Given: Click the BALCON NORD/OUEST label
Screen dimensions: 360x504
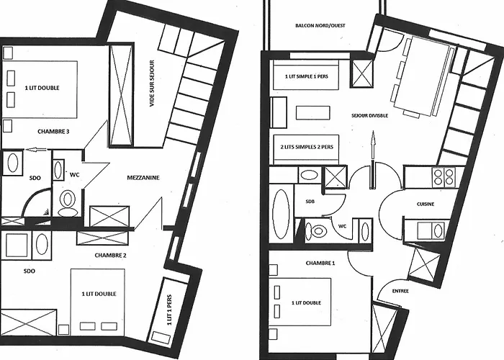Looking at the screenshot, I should point(320,26).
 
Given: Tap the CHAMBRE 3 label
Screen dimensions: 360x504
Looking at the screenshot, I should point(54,132).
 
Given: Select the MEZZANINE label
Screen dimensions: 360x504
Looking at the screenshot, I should point(143,178).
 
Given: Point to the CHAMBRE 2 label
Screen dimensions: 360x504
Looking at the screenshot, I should point(110,256).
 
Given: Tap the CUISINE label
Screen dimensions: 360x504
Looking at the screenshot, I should point(425,204).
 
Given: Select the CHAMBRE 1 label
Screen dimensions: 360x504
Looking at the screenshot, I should point(320,264).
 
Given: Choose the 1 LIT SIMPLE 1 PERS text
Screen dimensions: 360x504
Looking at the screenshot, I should point(305,76).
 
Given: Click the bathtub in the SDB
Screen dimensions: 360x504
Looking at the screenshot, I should point(280,212).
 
